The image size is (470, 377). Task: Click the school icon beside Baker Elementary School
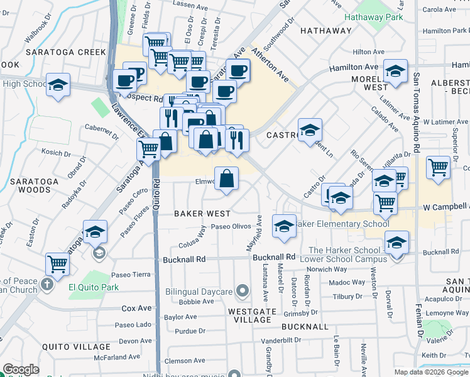tap(284, 226)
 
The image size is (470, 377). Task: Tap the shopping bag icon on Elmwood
tap(227, 178)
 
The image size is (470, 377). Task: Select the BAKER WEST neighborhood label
tap(202, 214)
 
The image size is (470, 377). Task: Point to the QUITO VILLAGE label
tap(76, 347)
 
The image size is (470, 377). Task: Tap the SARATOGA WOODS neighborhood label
tap(30, 185)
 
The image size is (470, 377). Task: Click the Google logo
tap(21, 369)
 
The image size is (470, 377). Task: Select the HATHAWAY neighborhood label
tap(325, 30)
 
